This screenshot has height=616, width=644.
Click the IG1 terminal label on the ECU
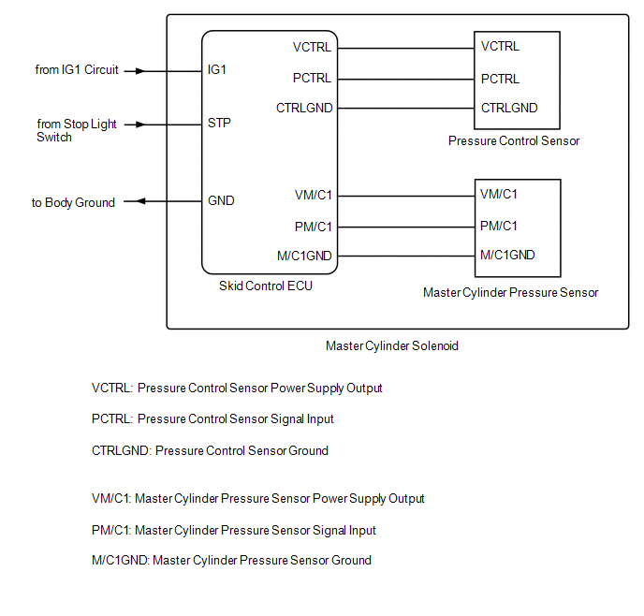coord(217,70)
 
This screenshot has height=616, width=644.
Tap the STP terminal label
coord(219,123)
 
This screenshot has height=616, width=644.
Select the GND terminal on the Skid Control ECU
coord(221,200)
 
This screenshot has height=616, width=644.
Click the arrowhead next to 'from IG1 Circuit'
coord(140,71)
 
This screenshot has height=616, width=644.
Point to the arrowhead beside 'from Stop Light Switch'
coord(140,125)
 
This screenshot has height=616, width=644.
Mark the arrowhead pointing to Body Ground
coord(140,201)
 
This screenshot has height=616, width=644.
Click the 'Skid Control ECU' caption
coord(266,286)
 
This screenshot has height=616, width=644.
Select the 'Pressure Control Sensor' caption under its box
coord(514,140)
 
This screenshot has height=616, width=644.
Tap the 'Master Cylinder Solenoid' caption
coord(392,345)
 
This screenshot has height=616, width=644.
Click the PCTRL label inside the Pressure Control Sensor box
coord(500,79)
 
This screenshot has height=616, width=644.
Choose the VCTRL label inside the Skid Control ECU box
coord(312,47)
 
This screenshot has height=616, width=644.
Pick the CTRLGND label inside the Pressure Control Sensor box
coord(509,108)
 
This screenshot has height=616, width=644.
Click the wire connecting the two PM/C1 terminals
coord(406,227)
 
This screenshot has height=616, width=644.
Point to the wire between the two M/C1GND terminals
coord(406,257)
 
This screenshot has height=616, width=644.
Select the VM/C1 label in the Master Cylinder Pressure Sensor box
coord(499,194)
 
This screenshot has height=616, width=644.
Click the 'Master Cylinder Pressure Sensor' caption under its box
coord(510,292)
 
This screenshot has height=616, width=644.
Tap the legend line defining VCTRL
coord(237,389)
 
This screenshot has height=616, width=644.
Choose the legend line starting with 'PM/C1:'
coord(234,530)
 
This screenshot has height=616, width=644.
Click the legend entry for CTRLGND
coord(210,450)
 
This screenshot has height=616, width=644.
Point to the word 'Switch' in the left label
coord(54,138)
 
